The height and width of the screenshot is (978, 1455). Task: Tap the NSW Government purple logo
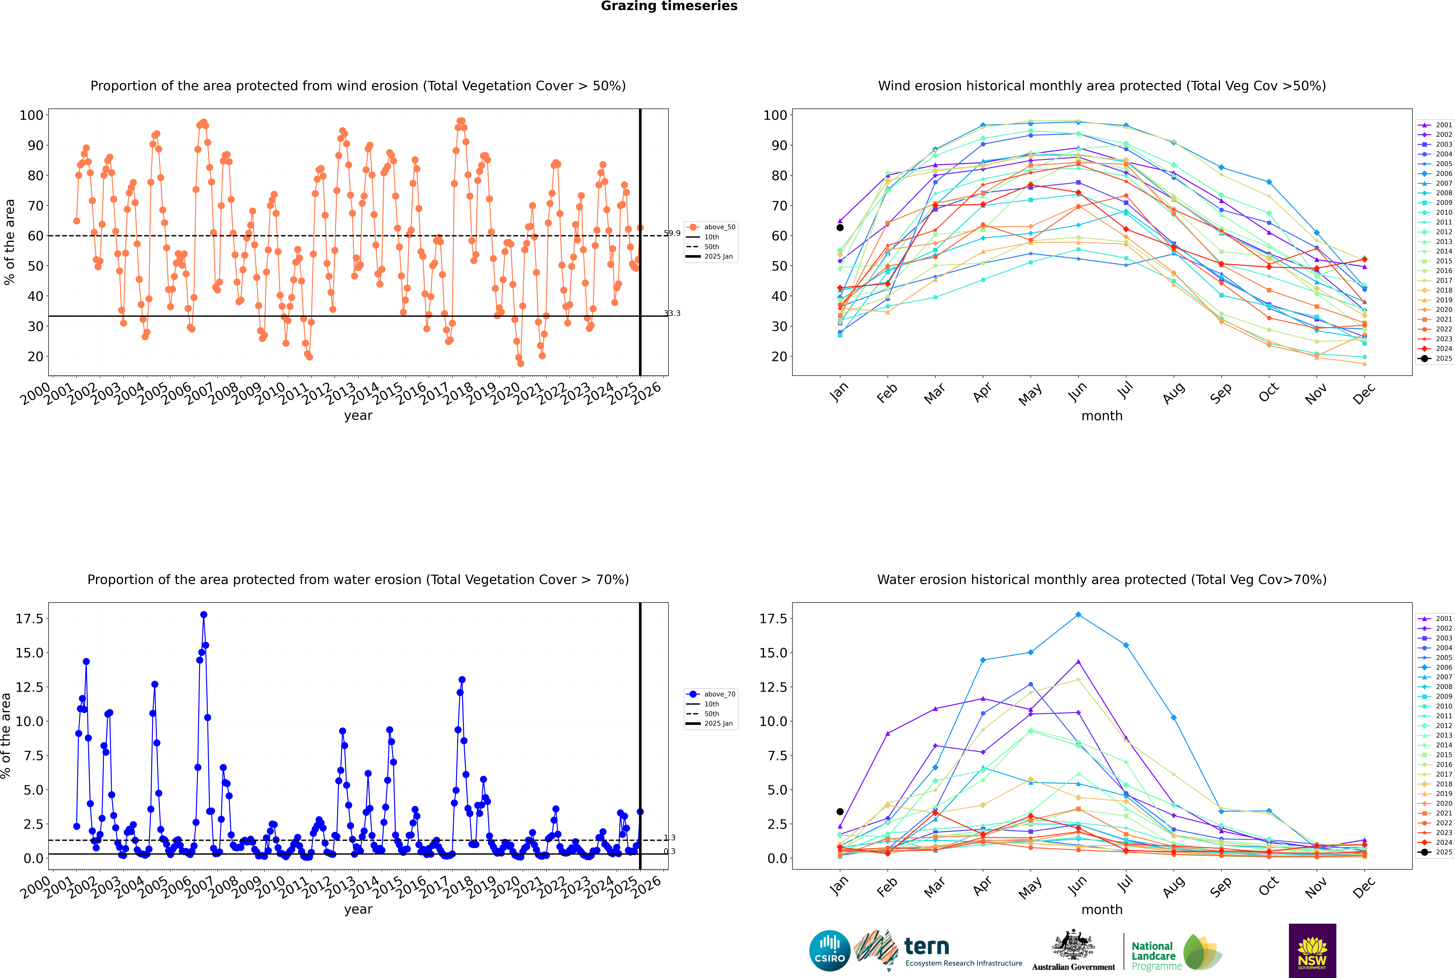[x=1312, y=950]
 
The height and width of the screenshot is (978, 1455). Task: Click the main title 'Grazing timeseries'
[x=669, y=6]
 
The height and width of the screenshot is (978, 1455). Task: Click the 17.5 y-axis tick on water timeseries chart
[x=30, y=619]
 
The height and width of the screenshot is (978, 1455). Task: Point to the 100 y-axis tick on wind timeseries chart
[x=31, y=115]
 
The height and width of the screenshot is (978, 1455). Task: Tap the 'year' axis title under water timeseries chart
[x=358, y=909]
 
